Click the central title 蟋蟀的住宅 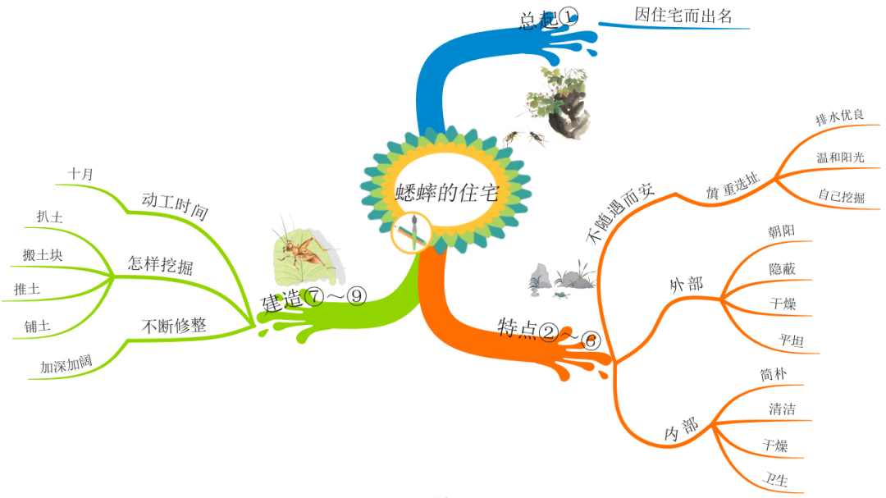446,193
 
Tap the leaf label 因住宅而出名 683,15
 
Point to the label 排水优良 839,117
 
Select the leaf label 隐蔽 782,268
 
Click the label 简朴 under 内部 774,374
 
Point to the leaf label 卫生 775,480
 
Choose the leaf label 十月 81,174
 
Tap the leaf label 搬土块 43,255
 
